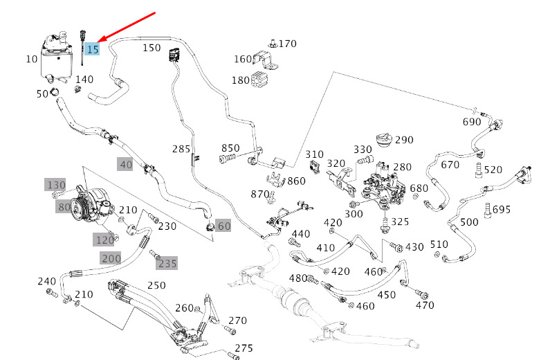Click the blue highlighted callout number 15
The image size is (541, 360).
pyautogui.click(x=93, y=49)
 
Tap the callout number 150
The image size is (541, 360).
pyautogui.click(x=152, y=48)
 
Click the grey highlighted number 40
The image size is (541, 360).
pyautogui.click(x=125, y=165)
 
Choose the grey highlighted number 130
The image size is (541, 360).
pyautogui.click(x=56, y=185)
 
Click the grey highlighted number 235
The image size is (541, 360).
pyautogui.click(x=167, y=263)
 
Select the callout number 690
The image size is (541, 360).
pyautogui.click(x=472, y=122)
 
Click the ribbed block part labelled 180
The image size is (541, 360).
pyautogui.click(x=259, y=80)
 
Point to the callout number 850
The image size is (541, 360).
pyautogui.click(x=230, y=148)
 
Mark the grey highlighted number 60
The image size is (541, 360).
pyautogui.click(x=223, y=226)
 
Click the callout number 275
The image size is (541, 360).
pyautogui.click(x=244, y=348)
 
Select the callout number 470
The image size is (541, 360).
pyautogui.click(x=425, y=305)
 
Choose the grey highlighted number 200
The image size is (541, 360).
pyautogui.click(x=111, y=258)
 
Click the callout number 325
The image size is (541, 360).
pyautogui.click(x=401, y=222)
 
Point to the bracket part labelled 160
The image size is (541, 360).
pyautogui.click(x=264, y=59)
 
